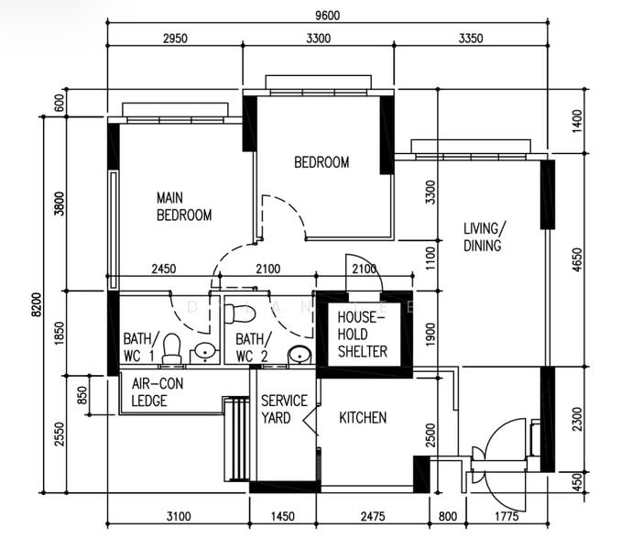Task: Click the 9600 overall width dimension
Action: click(328, 16)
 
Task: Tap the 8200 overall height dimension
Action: click(36, 304)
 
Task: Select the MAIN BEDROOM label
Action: click(184, 206)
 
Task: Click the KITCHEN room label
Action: click(363, 418)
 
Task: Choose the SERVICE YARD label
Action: click(284, 409)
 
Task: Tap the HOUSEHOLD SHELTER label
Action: click(363, 335)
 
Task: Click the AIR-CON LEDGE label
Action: click(158, 392)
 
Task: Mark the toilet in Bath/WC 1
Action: click(172, 348)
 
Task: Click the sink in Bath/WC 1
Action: click(205, 352)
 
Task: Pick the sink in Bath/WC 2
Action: click(300, 355)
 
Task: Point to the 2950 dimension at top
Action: click(175, 38)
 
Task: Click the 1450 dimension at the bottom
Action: click(283, 516)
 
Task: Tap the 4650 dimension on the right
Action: click(577, 260)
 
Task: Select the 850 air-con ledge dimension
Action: click(82, 395)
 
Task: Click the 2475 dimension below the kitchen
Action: click(373, 516)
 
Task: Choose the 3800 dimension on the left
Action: click(59, 203)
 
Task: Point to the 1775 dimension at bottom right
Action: click(507, 516)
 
